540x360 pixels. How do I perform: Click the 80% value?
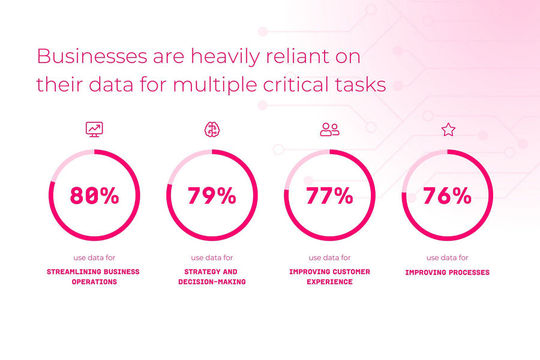(x=94, y=196)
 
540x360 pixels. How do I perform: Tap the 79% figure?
(x=212, y=196)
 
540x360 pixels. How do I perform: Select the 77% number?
(x=329, y=196)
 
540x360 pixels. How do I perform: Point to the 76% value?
(x=447, y=196)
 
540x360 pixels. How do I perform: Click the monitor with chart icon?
(x=94, y=130)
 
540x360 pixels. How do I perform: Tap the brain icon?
(x=212, y=130)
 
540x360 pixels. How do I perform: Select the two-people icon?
(x=329, y=130)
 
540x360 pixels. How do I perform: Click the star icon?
(x=448, y=130)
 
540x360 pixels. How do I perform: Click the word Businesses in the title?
(x=92, y=56)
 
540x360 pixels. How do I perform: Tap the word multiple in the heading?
(x=215, y=85)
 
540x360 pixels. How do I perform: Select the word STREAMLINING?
(x=71, y=272)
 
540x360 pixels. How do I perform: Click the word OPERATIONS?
(x=94, y=282)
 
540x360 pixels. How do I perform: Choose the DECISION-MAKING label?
(x=212, y=282)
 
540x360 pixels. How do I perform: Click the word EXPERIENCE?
(x=329, y=282)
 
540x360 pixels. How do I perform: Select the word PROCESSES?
(x=470, y=272)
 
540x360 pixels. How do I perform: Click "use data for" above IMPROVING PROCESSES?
(x=448, y=257)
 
